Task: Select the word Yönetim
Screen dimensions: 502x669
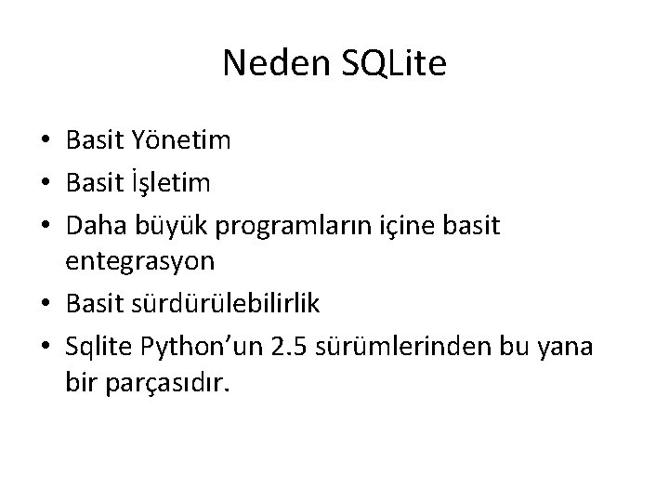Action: tap(177, 141)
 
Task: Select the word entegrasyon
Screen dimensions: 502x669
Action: tap(140, 261)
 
